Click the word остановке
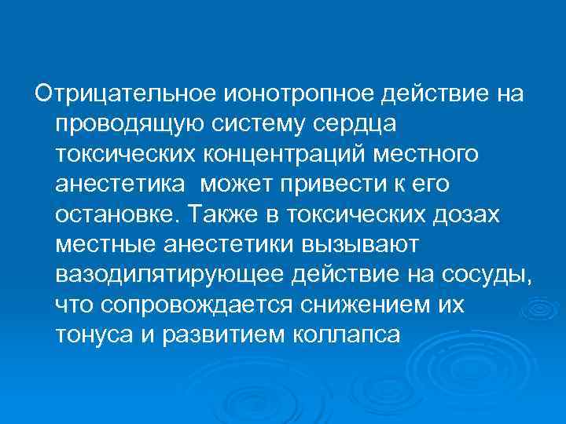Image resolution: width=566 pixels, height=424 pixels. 119,214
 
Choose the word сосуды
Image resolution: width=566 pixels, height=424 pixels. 488,274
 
